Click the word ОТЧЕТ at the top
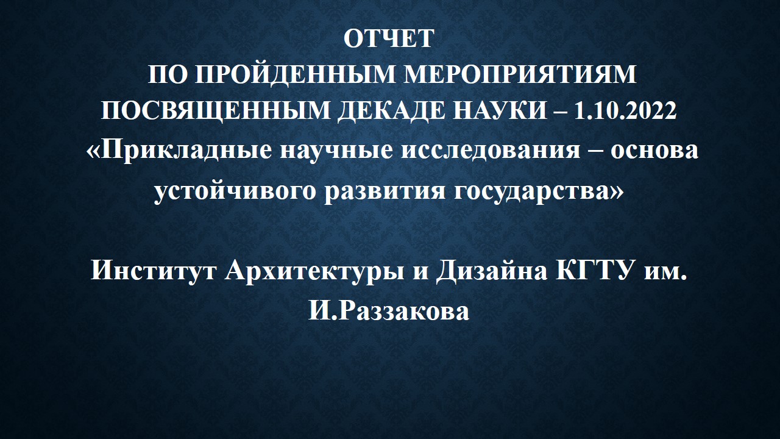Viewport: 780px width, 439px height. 389,38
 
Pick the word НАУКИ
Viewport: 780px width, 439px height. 500,110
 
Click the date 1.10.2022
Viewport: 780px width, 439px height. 625,110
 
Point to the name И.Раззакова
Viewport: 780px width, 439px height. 389,311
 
